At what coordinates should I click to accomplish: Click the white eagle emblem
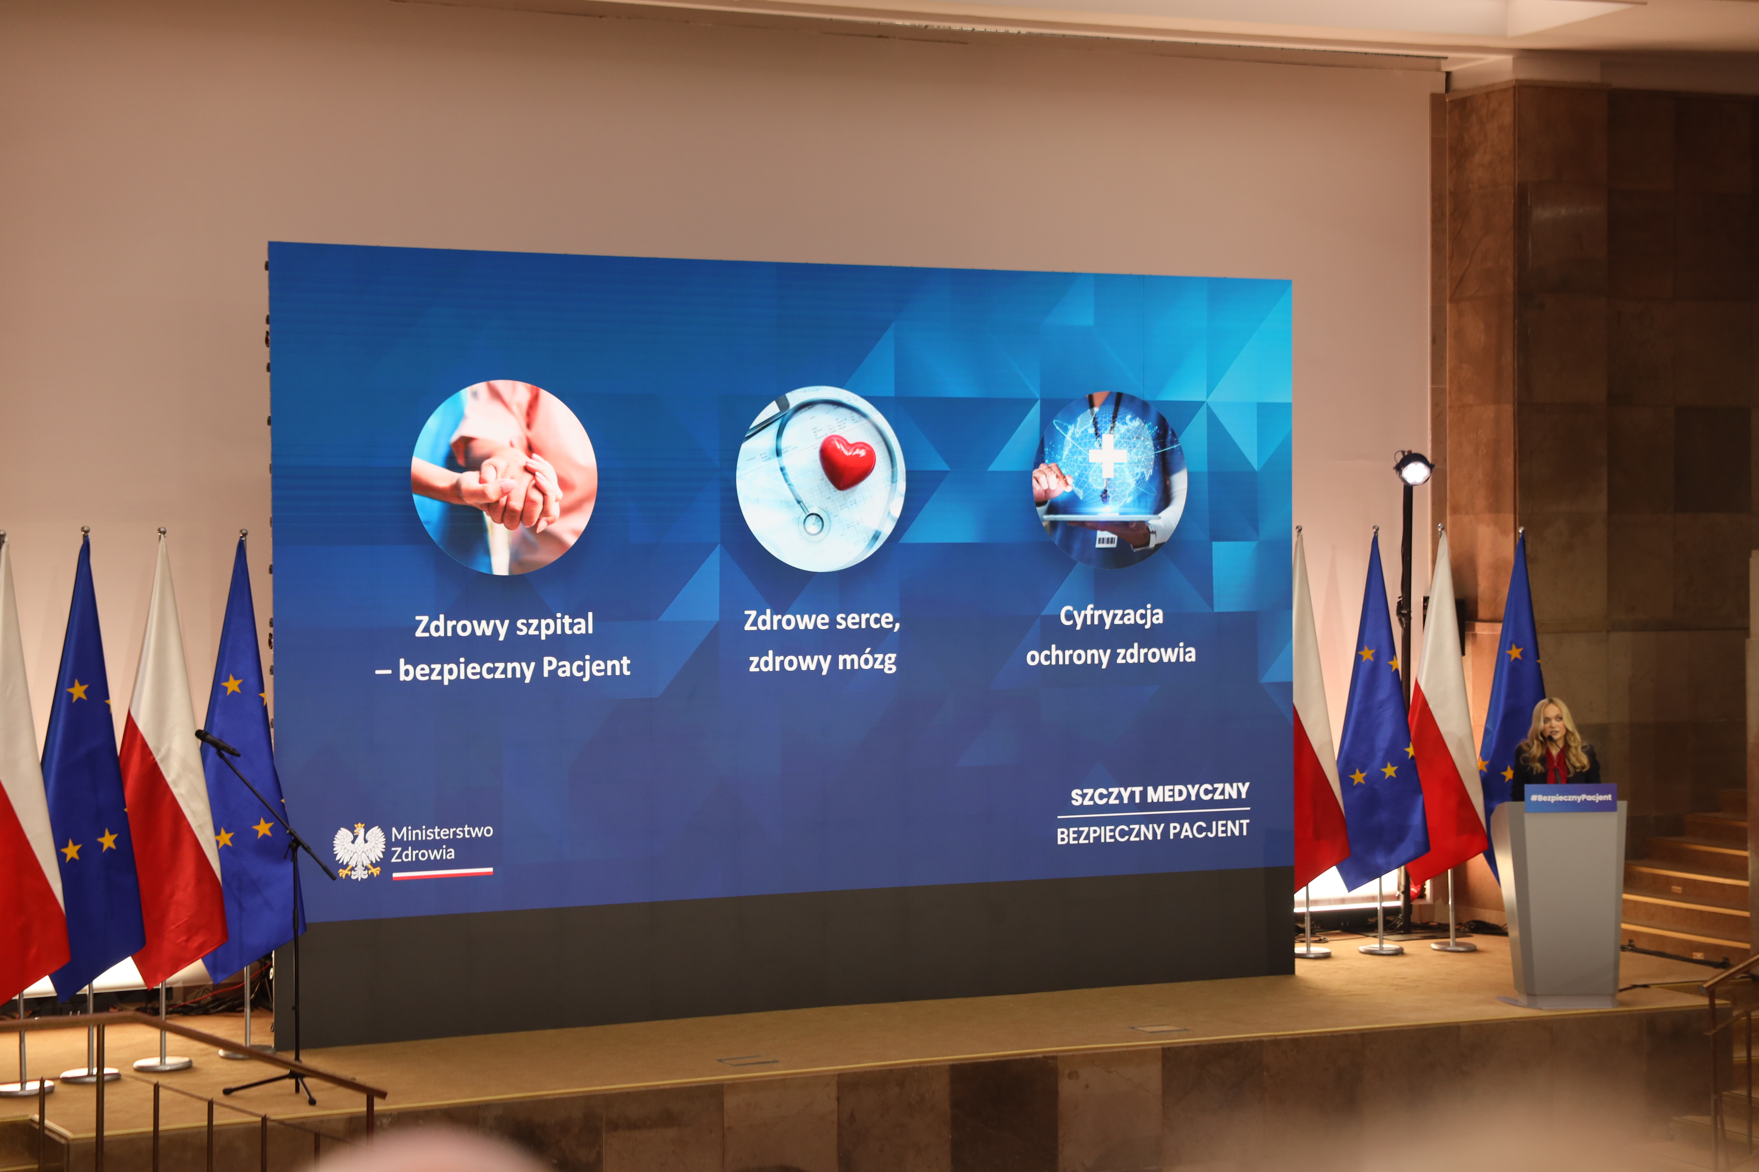(x=359, y=851)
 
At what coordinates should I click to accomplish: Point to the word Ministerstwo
(x=442, y=832)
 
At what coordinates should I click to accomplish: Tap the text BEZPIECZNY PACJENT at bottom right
(x=1153, y=832)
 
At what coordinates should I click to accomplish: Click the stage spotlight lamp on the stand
(x=1413, y=469)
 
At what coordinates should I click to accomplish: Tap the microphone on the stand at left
(x=217, y=742)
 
